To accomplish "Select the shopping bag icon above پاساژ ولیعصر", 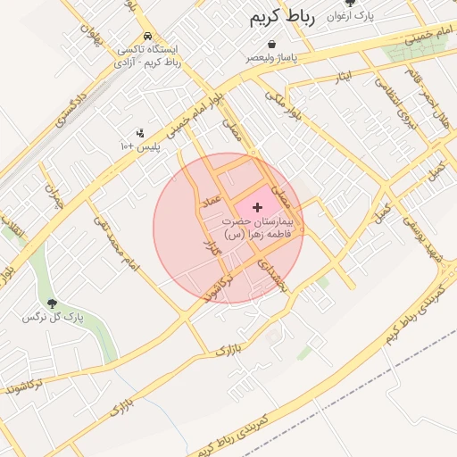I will (x=271, y=44).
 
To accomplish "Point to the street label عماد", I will (x=203, y=194).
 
